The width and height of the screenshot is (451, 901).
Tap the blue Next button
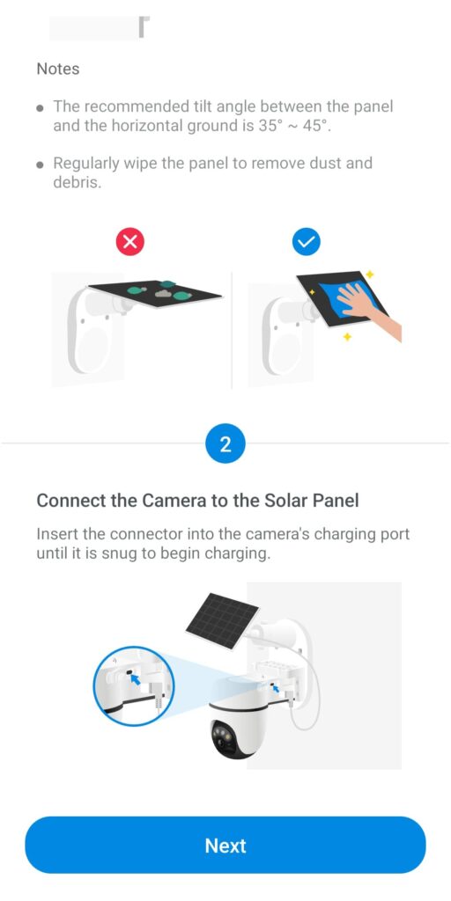225,845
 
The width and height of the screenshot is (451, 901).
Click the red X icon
130,241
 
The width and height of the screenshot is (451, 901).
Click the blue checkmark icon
307,241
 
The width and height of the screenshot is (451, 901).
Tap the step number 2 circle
225,444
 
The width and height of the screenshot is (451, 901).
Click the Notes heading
58,69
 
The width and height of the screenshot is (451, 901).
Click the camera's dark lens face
226,736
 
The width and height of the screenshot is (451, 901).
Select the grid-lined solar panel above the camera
222,621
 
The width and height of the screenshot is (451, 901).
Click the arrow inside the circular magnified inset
136,680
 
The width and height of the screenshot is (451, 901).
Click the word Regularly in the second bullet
84,164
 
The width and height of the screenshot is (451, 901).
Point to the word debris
78,183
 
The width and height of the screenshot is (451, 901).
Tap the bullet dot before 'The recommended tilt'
40,108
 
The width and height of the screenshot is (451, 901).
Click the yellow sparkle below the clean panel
347,336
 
